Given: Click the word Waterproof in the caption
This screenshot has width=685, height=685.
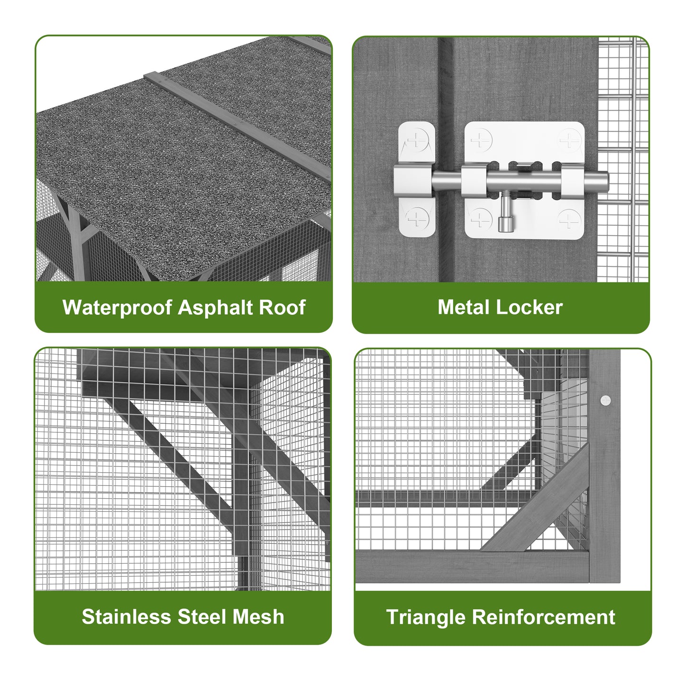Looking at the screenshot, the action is point(117,308).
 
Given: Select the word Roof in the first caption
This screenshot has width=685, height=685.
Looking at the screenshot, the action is point(282,307).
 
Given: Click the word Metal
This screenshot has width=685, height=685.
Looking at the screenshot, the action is point(464,307).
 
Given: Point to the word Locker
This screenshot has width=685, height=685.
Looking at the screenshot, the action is point(530,307).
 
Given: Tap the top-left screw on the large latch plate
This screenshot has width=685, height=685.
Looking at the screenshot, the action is point(481,140).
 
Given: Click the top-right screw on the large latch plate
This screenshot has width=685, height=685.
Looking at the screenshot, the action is point(569,140).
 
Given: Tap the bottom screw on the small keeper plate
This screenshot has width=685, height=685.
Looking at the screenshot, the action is point(417,219).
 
